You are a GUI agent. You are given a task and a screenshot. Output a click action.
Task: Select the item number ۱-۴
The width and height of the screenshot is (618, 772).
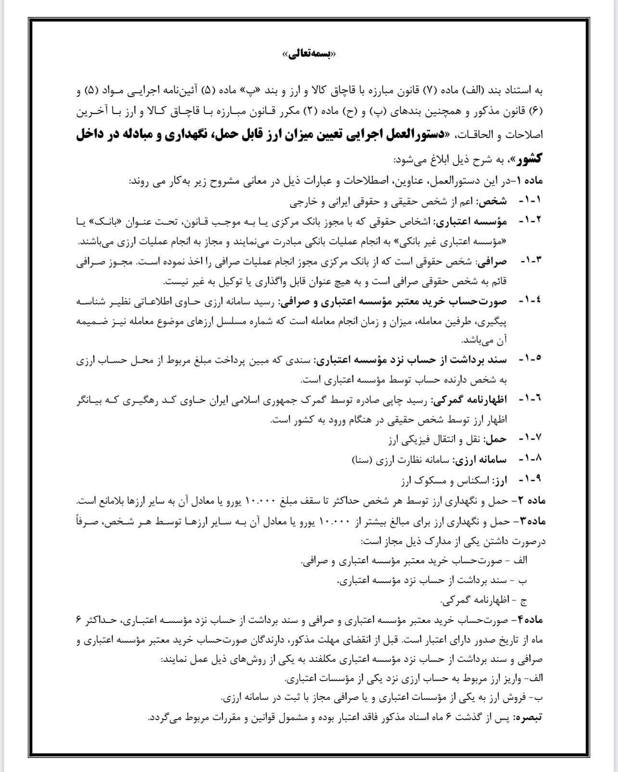[530, 301]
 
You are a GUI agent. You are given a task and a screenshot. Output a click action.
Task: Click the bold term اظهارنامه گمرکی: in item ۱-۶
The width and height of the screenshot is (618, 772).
[469, 400]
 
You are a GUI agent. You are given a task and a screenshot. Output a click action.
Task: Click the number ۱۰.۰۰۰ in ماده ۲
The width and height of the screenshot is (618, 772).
[260, 501]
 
